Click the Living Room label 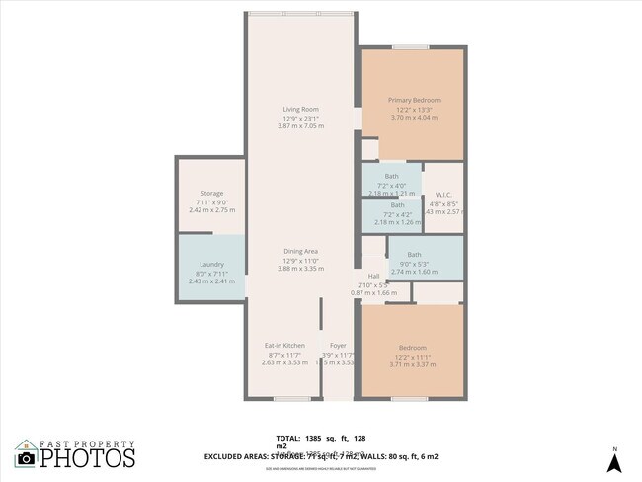click(300, 109)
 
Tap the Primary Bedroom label click(413, 100)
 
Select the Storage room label click(210, 193)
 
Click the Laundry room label click(211, 264)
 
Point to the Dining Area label click(300, 251)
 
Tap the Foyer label click(338, 345)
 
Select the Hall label click(373, 276)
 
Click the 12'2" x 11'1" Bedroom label click(413, 348)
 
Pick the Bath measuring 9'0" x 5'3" click(414, 255)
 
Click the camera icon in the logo click(26, 458)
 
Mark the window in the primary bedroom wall click(410, 47)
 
